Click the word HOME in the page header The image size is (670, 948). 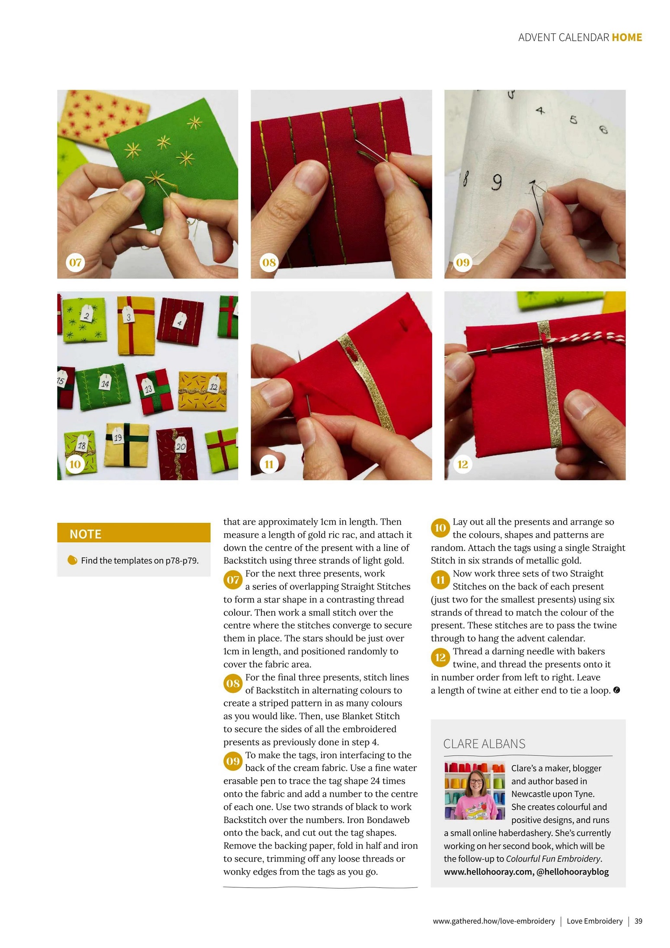pos(627,38)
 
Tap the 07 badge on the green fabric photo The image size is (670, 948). pos(75,262)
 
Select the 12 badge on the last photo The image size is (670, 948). pos(463,464)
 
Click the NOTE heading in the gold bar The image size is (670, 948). pos(86,534)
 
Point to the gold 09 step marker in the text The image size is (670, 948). pos(233,761)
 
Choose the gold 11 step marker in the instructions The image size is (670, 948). pos(440,580)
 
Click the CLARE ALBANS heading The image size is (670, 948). pos(484,744)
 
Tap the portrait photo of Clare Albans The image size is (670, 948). pos(475,791)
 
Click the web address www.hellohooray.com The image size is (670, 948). pos(488,871)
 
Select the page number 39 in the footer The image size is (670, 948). pos(638,921)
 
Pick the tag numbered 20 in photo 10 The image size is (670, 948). pos(181,445)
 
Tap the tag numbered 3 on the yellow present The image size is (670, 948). pos(128,316)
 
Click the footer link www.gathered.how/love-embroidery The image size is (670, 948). pos(494,921)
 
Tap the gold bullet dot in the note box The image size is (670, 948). pos(72,560)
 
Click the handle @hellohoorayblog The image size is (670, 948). pos(572,871)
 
